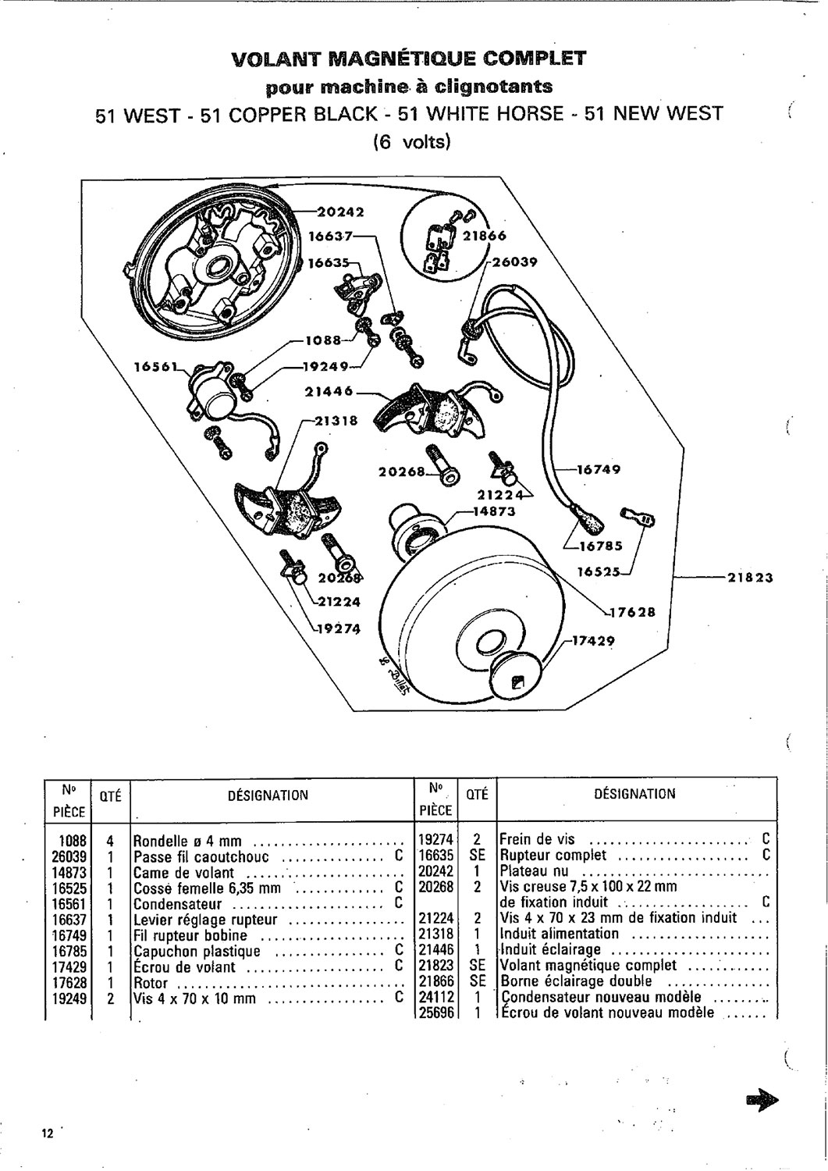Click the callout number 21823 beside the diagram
click(x=749, y=578)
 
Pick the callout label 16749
click(x=599, y=470)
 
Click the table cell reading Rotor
click(x=146, y=983)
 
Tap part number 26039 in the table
click(x=71, y=856)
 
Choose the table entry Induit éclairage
click(x=551, y=950)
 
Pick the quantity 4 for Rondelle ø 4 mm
click(x=110, y=842)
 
